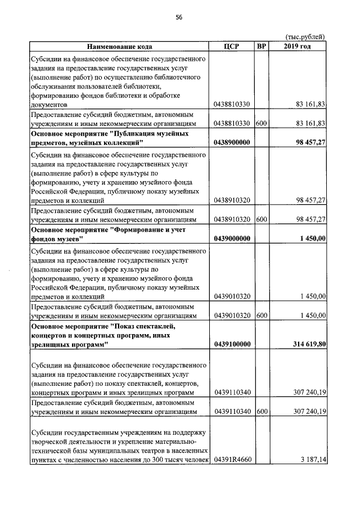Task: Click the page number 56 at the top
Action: (x=179, y=17)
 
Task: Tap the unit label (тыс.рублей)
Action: (x=305, y=37)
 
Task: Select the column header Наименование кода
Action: (x=119, y=47)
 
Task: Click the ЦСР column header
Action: (x=232, y=47)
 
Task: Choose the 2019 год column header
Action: (x=298, y=47)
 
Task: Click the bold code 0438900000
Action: (x=232, y=143)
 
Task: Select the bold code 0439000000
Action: (x=232, y=239)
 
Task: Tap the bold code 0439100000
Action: (x=232, y=344)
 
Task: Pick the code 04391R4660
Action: (x=232, y=460)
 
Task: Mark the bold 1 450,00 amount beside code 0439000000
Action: (x=313, y=239)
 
